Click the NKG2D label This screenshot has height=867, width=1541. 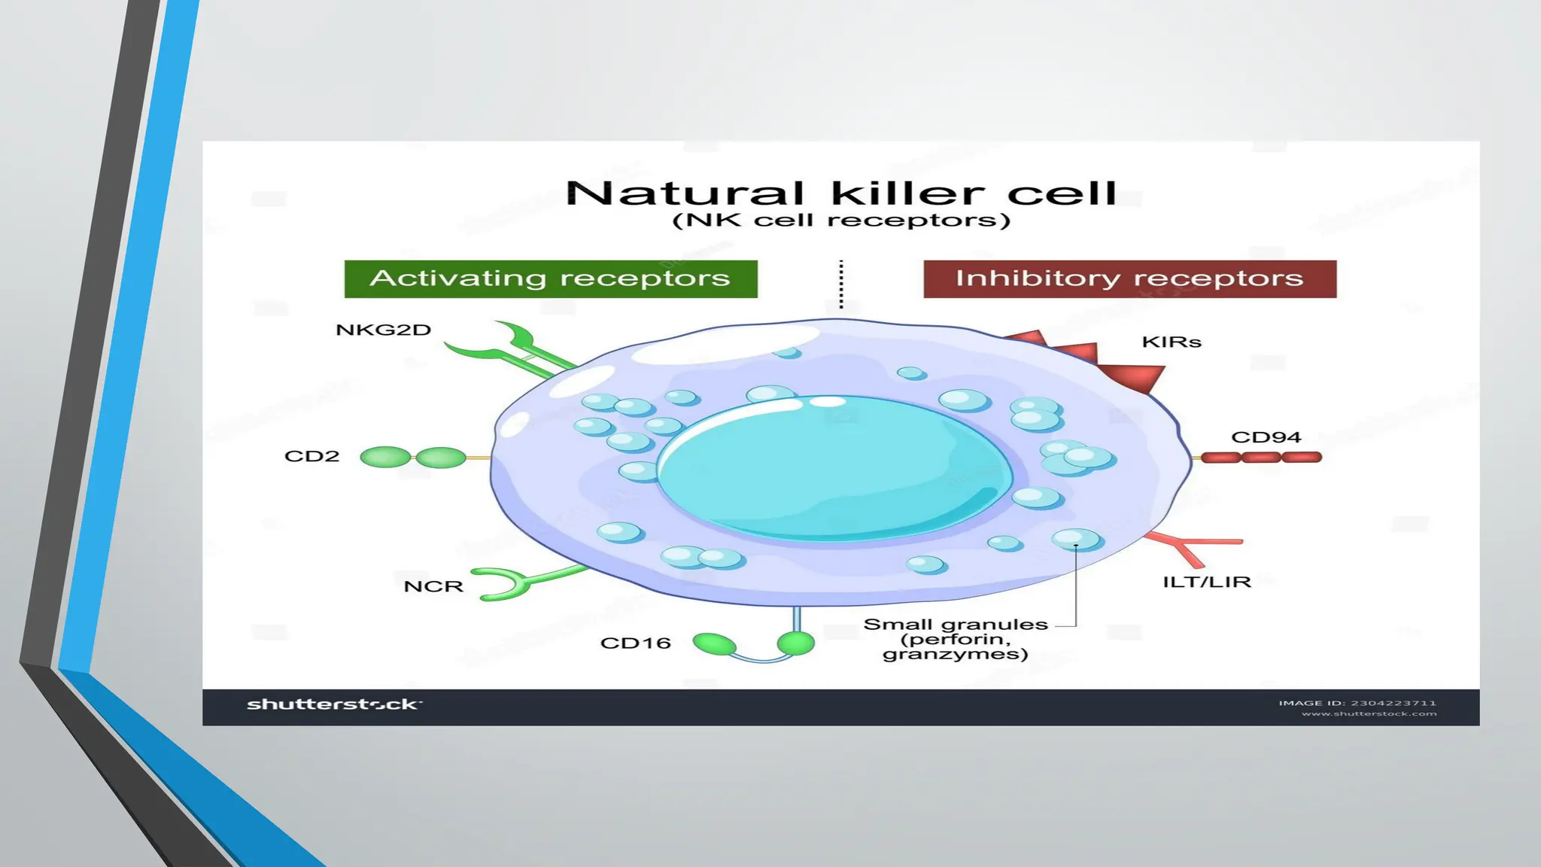pos(383,330)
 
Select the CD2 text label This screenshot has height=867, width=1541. pos(312,457)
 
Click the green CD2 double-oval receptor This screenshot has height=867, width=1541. pos(413,457)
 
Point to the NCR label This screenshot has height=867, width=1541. pos(433,587)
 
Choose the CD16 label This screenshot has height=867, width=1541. pos(635,643)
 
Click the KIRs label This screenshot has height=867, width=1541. pos(1172,342)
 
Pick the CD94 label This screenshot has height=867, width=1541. pos(1266,437)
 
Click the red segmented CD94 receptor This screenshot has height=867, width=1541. pos(1261,457)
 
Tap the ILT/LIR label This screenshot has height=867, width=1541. pos(1207,583)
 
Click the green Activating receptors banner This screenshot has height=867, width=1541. pos(551,278)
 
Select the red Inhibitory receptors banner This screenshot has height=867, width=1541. pos(1129,278)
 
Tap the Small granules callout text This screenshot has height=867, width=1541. pos(956,639)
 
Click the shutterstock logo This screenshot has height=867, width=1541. pos(333,704)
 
